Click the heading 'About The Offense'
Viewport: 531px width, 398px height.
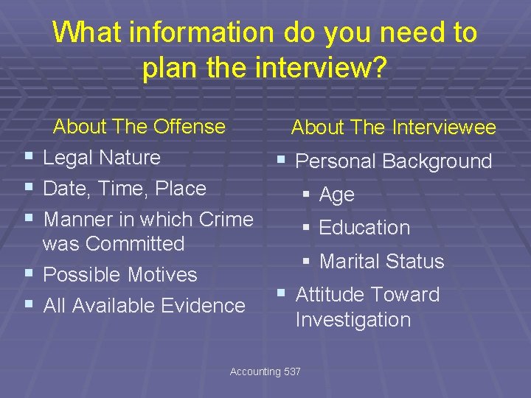click(139, 126)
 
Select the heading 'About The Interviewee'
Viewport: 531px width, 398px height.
click(393, 128)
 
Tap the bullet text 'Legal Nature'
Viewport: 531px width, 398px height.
click(102, 157)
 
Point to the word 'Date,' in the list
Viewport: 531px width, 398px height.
click(67, 189)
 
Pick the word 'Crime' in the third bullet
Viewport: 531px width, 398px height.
click(226, 219)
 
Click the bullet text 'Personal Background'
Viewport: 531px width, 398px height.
click(393, 161)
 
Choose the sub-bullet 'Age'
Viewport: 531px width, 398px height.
click(336, 195)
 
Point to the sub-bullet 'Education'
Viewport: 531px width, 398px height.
click(364, 228)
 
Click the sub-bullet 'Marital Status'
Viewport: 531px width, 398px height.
click(381, 261)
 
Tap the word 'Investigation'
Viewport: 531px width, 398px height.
click(353, 320)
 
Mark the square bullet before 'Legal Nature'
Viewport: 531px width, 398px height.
click(28, 157)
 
